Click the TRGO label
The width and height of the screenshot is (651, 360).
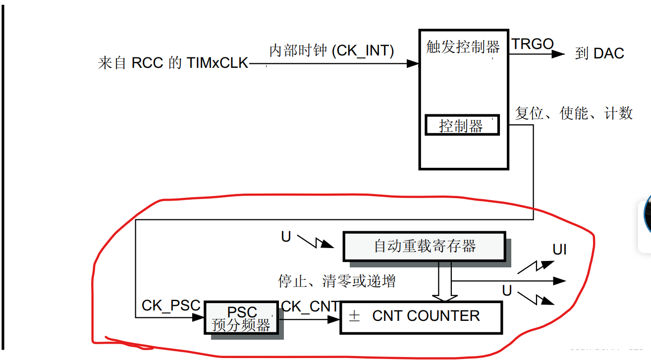coord(533,44)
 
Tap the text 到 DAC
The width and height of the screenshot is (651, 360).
coord(599,53)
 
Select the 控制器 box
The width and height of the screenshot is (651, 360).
coord(462,125)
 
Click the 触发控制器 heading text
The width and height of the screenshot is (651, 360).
coord(463,47)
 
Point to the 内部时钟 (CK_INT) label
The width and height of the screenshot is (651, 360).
coord(331,51)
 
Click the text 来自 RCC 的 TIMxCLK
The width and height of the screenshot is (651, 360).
coord(173,63)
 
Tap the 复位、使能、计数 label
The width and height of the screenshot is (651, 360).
coord(574,113)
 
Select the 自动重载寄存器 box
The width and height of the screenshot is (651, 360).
coord(424,246)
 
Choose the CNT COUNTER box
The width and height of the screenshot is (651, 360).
coord(421,316)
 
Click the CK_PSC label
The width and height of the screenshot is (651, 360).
coord(171,306)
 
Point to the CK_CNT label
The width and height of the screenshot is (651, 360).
coord(310,307)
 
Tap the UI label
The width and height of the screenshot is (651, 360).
coord(559,250)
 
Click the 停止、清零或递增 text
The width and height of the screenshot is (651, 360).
coord(337,281)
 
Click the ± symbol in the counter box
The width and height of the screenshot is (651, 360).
coord(354,316)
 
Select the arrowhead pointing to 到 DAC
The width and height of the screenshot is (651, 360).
coord(558,54)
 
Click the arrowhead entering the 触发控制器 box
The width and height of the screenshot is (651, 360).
coord(413,63)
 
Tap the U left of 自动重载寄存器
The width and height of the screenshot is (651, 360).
coord(286,237)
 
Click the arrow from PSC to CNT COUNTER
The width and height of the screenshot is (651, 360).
coord(310,319)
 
